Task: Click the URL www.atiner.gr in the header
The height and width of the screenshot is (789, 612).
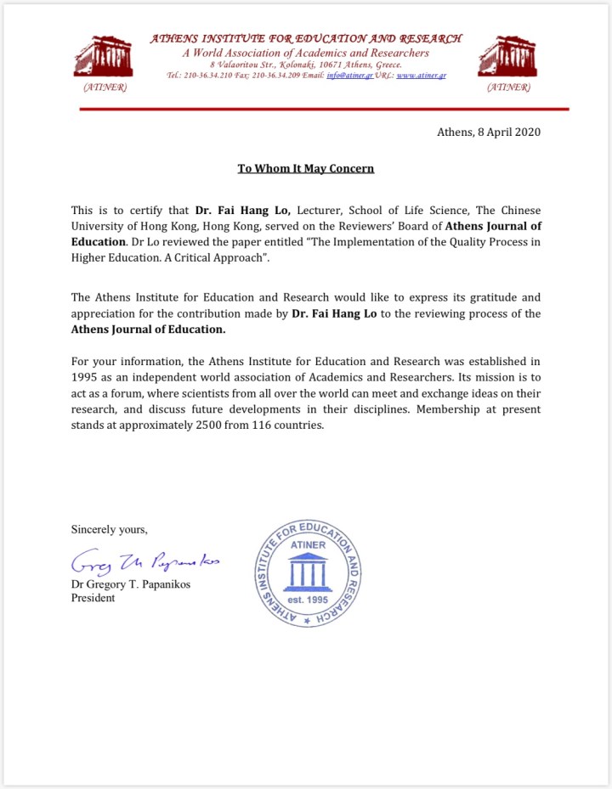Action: click(x=422, y=76)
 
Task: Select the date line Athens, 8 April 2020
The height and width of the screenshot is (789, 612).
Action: click(x=488, y=132)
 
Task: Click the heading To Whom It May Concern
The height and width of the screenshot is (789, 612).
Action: click(x=305, y=168)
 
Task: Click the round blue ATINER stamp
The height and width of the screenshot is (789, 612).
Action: click(x=309, y=573)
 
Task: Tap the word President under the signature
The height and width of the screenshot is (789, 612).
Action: click(x=93, y=597)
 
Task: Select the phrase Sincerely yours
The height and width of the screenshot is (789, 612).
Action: click(x=109, y=529)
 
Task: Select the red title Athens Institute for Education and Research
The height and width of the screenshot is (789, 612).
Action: click(x=305, y=38)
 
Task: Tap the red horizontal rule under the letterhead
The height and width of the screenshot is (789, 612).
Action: click(x=323, y=110)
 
